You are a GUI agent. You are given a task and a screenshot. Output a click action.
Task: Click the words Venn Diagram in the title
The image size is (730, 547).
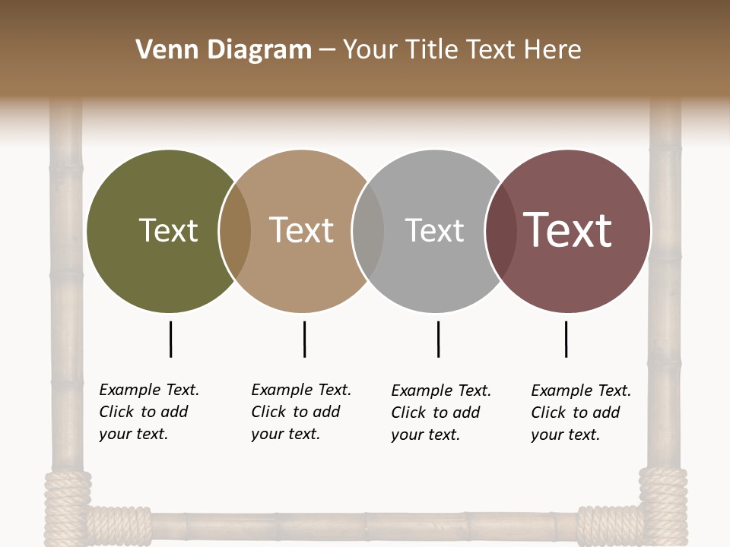[x=224, y=50]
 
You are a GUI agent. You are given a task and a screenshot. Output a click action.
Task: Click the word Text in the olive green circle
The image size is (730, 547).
[x=169, y=230]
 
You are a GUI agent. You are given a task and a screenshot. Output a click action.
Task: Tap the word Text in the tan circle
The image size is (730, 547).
[x=302, y=230]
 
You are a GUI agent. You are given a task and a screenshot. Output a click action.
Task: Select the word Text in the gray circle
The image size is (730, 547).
[x=434, y=230]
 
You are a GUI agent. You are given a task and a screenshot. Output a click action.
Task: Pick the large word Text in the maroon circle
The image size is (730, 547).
[x=568, y=230]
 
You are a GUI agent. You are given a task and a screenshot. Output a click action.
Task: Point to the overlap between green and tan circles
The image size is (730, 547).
[x=235, y=231]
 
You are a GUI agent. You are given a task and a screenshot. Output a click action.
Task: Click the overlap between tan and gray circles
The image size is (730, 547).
[x=368, y=231]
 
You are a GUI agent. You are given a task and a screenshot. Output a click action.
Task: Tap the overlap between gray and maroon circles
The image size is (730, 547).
[x=501, y=231]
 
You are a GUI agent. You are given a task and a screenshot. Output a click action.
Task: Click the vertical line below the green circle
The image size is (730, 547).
[x=171, y=339]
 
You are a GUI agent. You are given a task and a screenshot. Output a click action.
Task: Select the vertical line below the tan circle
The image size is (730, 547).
[x=304, y=339]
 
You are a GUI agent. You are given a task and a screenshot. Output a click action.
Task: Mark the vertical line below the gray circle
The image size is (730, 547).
[x=438, y=339]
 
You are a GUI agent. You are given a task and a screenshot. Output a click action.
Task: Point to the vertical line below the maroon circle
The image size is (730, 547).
[x=566, y=339]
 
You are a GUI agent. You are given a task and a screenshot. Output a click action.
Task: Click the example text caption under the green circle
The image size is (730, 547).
[x=149, y=412]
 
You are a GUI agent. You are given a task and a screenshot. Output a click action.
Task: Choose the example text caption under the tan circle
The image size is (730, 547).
[x=301, y=412]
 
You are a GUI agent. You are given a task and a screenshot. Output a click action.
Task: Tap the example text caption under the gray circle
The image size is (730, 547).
[x=441, y=413]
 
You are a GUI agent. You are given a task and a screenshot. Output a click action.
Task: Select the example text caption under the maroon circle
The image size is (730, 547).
[x=581, y=413]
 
